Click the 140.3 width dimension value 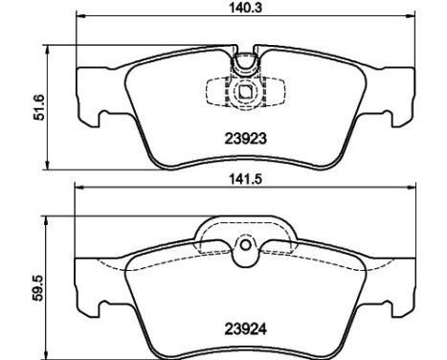(246, 8)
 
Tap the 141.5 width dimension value (246, 179)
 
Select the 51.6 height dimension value (39, 107)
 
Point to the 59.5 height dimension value (37, 288)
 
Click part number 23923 (246, 139)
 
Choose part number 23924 (246, 329)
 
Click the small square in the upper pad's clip (246, 92)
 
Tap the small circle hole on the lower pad (246, 245)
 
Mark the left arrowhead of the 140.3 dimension (79, 15)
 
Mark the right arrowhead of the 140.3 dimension (412, 15)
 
